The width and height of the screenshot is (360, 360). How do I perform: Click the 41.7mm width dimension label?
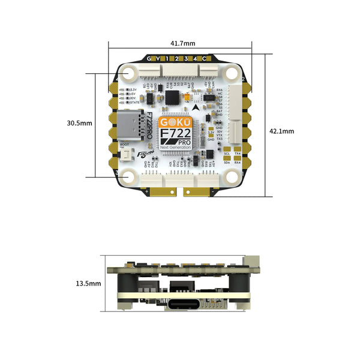tap(182, 43)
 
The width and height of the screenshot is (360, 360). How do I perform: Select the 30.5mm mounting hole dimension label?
tap(79, 123)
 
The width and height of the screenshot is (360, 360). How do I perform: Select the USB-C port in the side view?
tap(181, 304)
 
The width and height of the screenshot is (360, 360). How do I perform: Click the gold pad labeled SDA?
tap(227, 161)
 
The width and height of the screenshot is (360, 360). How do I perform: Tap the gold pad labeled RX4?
tap(238, 161)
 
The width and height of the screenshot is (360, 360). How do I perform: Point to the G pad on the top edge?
tap(149, 58)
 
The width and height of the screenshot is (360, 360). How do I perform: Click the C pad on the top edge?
tap(204, 58)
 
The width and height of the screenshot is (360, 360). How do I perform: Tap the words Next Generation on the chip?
tap(176, 147)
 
